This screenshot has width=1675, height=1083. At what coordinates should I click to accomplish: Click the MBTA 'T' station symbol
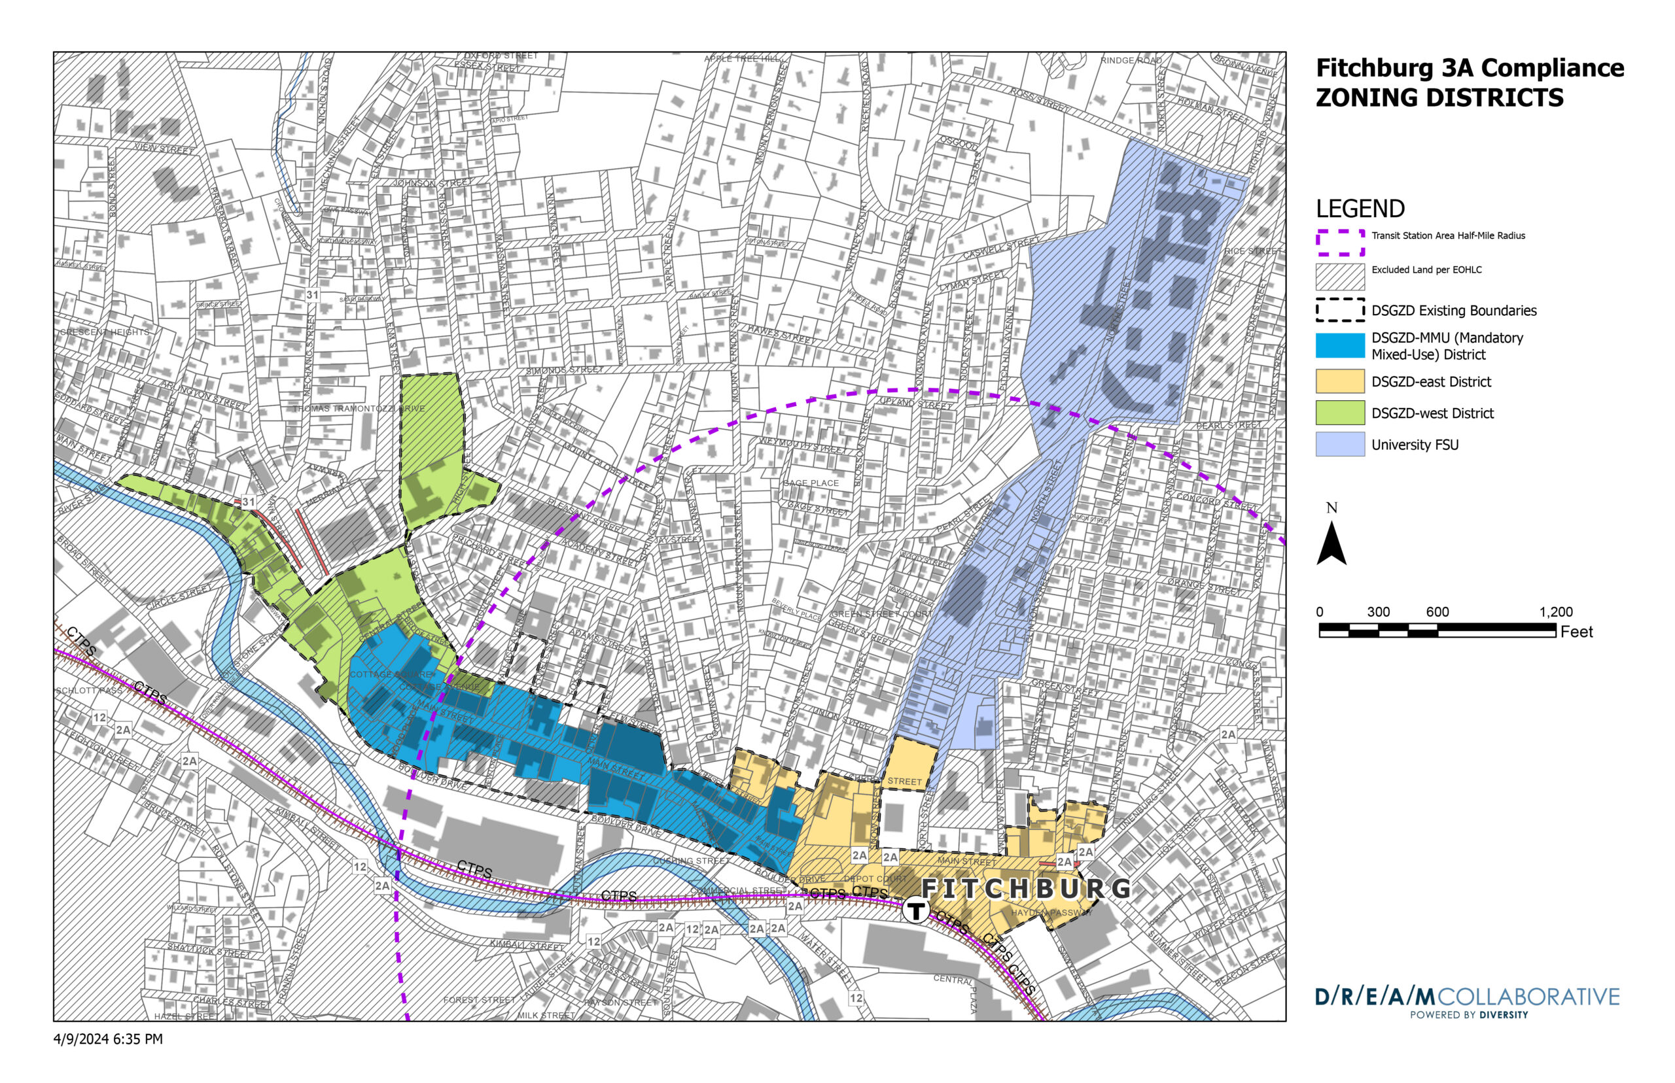[917, 912]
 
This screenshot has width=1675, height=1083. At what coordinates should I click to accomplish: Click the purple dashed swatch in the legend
[1339, 243]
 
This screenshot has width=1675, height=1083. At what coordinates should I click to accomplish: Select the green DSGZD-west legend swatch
[1339, 413]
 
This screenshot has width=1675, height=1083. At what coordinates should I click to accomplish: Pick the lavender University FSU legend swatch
[1339, 445]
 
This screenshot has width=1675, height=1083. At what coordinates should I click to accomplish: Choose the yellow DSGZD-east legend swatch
[1339, 382]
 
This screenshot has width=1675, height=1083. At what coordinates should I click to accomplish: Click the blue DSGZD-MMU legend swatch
[1339, 345]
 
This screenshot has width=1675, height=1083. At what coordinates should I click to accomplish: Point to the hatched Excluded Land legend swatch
[1339, 277]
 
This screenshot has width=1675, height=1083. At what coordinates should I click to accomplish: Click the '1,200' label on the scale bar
[1555, 612]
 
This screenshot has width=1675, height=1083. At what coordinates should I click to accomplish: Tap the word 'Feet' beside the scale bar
[1576, 632]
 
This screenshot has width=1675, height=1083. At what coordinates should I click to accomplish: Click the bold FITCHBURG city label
[1026, 889]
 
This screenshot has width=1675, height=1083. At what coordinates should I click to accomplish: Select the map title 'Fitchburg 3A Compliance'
[1470, 68]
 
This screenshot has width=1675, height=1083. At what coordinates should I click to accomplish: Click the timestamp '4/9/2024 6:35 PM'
[108, 1039]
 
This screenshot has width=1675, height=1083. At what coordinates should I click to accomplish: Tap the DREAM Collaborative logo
[1467, 1001]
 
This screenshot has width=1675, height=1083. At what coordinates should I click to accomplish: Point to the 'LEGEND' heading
[1360, 209]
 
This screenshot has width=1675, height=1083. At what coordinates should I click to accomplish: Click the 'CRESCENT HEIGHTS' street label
[104, 332]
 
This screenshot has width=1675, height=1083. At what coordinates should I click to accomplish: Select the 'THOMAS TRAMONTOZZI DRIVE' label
[359, 409]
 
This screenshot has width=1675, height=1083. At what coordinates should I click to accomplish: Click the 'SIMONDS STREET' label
[564, 370]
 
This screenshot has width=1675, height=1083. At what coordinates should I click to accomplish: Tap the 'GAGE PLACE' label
[811, 483]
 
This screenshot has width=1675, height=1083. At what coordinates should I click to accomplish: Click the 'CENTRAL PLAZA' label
[964, 988]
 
